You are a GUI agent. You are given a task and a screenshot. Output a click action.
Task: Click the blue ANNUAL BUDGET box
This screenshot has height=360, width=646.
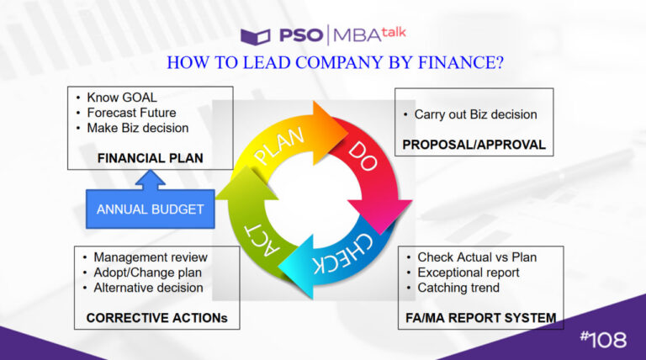click(x=150, y=209)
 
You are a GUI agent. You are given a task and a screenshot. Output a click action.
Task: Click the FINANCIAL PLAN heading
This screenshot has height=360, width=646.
click(x=151, y=157)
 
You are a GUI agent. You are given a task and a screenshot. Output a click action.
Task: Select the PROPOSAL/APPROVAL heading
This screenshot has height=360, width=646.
click(x=474, y=145)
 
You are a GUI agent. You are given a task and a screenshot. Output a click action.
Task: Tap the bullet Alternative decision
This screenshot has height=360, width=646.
click(x=148, y=287)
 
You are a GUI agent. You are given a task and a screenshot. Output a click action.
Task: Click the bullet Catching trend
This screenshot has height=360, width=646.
click(x=458, y=287)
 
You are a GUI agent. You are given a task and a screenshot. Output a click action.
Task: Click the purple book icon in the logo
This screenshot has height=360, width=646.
click(x=254, y=36)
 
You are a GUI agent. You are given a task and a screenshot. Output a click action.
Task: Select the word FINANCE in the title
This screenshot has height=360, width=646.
click(x=453, y=63)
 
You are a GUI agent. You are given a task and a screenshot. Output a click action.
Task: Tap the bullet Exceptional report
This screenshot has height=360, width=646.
click(x=469, y=272)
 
